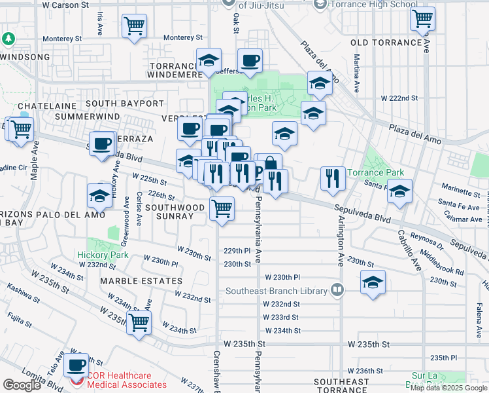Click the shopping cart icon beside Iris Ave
click(135, 27)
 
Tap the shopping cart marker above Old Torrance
click(423, 19)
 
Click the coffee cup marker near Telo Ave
click(77, 365)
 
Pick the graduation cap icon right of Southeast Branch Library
click(373, 283)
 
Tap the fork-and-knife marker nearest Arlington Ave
click(333, 178)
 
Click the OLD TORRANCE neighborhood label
click(386, 43)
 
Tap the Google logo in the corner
click(22, 385)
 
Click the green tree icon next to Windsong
click(8, 39)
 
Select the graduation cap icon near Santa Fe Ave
click(399, 191)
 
